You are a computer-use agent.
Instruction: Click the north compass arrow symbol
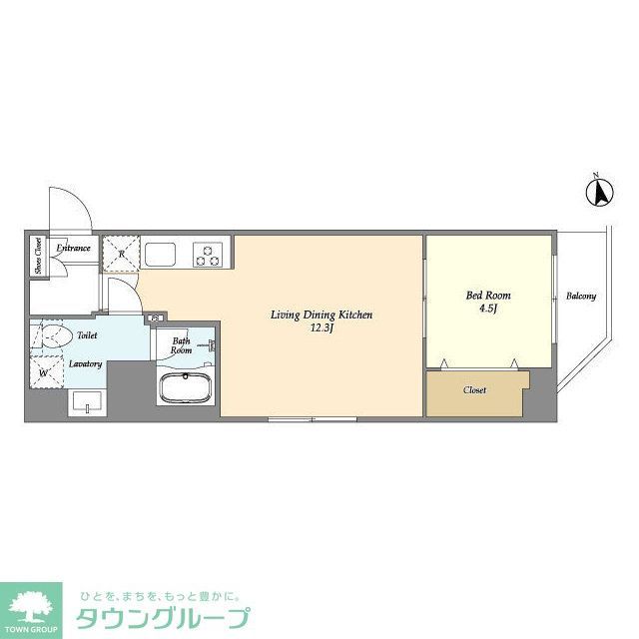pos(602,191)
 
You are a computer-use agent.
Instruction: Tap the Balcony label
pos(581,297)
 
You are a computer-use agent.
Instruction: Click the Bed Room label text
pos(488,295)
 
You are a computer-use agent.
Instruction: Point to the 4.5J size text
pos(488,310)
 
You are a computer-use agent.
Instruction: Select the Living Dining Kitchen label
pos(321,315)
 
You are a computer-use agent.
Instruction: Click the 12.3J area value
pos(321,328)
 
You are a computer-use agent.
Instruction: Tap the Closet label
pos(475,390)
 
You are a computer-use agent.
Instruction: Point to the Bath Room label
pos(182,345)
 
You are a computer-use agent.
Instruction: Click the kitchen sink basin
pos(160,254)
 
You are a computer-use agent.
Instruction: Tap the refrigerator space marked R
pos(121,254)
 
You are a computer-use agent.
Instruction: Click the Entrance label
pos(74,249)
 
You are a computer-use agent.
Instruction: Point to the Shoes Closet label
pos(38,256)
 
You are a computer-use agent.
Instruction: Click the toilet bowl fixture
pos(50,335)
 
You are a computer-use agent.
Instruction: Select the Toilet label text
pos(88,337)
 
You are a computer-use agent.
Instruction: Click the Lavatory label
pos(86,364)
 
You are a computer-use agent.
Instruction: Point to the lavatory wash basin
pos(86,402)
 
